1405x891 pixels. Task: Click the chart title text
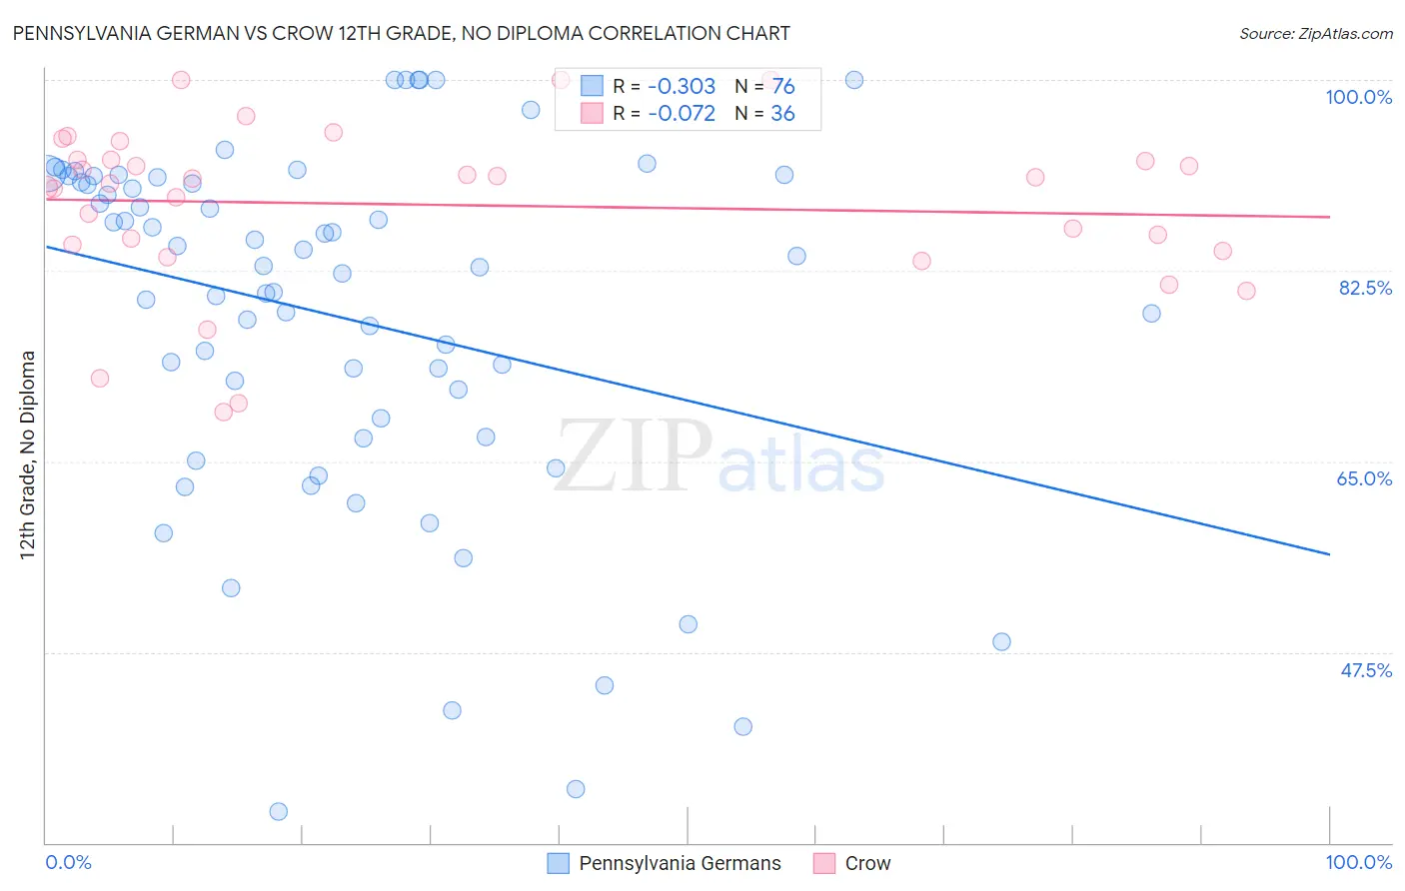(x=401, y=33)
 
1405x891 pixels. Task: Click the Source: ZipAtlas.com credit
(x=1315, y=33)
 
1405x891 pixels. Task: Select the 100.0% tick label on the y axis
(x=1358, y=97)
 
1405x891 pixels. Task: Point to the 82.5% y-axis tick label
(x=1365, y=288)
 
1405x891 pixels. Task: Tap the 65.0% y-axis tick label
(x=1364, y=478)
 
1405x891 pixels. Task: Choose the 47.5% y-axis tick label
(x=1365, y=670)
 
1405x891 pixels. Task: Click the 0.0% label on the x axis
(x=69, y=862)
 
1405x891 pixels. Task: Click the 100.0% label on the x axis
(x=1358, y=862)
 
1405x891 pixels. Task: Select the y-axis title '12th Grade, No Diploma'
(x=28, y=454)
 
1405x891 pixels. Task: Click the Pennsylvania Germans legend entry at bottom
(x=680, y=863)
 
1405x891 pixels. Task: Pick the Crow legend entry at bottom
(x=867, y=863)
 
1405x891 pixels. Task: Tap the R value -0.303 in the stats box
(x=682, y=87)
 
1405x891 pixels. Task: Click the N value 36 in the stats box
(x=782, y=114)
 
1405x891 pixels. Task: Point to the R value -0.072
(x=682, y=114)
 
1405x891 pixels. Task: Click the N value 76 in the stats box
(x=782, y=87)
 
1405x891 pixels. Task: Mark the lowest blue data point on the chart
(x=279, y=811)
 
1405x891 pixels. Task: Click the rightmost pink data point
(x=1246, y=291)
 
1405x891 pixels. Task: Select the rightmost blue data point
(x=1151, y=313)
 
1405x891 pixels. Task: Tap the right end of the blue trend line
(x=1329, y=553)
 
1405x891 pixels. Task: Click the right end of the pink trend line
(x=1329, y=217)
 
